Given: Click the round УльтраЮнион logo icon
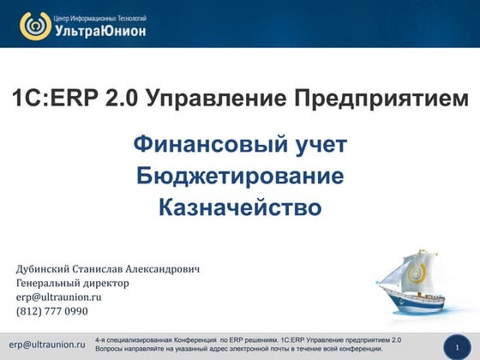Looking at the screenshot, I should point(34,25).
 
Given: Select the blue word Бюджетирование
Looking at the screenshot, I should point(240,177).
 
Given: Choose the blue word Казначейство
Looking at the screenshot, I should point(240,207).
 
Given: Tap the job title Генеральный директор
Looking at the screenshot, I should point(73,283).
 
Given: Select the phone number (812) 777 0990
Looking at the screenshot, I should point(52,311).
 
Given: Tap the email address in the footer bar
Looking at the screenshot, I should point(47,345).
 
